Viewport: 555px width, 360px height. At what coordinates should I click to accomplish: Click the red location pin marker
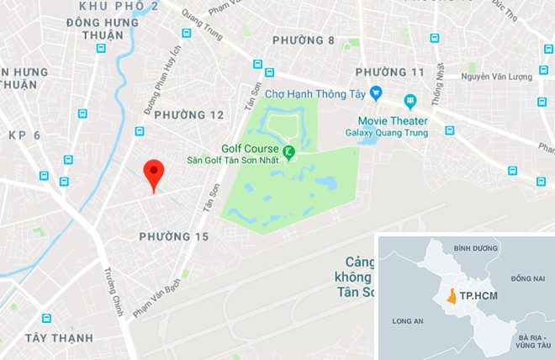coord(152,173)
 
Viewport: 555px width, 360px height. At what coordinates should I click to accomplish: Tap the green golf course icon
coord(288,152)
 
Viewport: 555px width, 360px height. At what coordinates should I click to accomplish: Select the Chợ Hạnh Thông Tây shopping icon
coord(376,93)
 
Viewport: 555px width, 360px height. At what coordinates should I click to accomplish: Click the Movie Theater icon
coord(410,101)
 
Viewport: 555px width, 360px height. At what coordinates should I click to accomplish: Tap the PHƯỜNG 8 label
coord(304,40)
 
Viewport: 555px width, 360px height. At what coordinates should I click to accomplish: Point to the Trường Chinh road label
coord(113,292)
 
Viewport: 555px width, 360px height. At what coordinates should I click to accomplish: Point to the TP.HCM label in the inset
coord(477,296)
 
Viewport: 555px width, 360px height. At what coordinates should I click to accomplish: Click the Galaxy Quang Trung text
coord(386,133)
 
